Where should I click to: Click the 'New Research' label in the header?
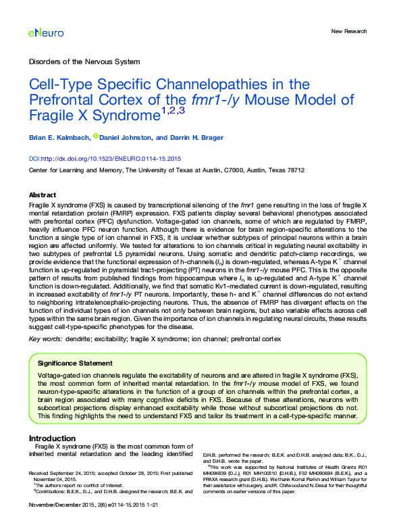pos(349,32)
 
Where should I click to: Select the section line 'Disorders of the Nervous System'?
pos(84,61)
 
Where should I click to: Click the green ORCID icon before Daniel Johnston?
pos(96,136)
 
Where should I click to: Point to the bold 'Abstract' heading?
pos(43,194)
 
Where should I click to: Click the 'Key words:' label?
pos(48,338)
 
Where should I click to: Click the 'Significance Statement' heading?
pos(75,363)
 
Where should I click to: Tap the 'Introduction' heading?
pos(52,438)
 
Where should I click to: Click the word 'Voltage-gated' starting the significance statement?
pos(56,375)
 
